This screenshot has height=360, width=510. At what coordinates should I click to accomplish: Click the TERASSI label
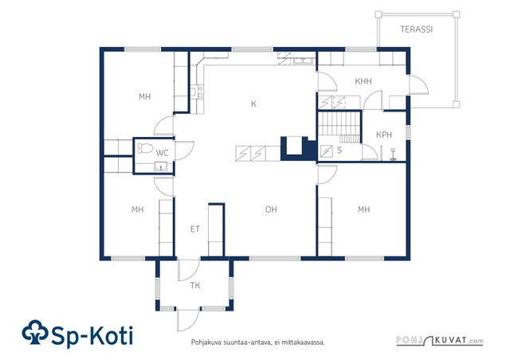(416, 29)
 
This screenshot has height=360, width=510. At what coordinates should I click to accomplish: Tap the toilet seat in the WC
(145, 148)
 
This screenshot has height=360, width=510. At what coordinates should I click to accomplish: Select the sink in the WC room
(161, 166)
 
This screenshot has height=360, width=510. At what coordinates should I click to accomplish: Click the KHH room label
(363, 81)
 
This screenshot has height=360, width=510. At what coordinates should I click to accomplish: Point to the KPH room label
(384, 135)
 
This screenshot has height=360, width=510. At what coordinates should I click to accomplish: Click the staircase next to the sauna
(339, 127)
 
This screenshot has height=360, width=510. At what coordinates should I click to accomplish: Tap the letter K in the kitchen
(253, 104)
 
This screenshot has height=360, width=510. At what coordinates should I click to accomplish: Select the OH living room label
(271, 209)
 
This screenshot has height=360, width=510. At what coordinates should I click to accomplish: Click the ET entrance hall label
(194, 229)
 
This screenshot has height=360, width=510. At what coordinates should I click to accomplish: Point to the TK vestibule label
(195, 286)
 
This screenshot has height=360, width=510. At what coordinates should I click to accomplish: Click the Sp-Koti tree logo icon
(35, 332)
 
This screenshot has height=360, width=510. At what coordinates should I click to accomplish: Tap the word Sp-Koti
(92, 335)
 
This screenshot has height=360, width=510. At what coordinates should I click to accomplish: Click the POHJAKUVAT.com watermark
(440, 341)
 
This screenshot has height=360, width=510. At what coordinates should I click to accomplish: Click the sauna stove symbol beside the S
(326, 151)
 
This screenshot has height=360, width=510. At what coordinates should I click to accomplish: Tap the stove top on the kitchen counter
(200, 92)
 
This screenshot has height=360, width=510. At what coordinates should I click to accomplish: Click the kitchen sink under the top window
(303, 61)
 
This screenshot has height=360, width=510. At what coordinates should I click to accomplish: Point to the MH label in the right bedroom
(363, 209)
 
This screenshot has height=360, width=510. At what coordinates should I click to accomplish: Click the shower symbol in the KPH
(393, 155)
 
